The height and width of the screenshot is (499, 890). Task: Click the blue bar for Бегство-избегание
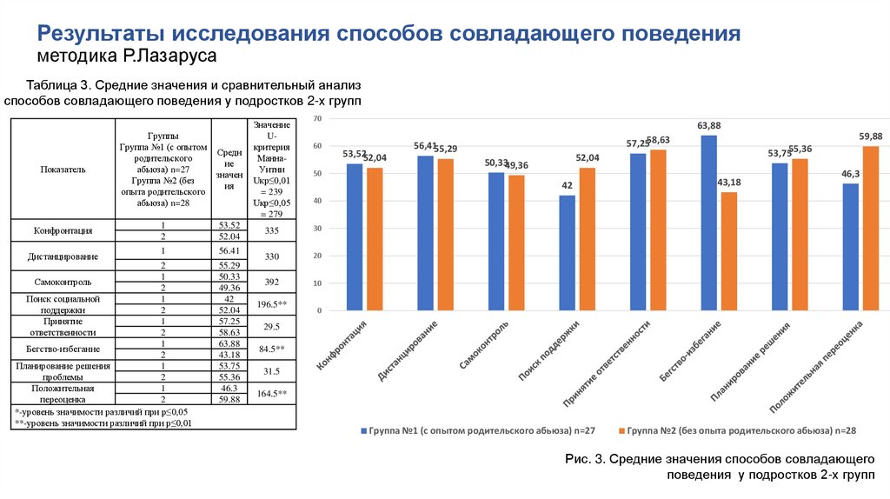708,223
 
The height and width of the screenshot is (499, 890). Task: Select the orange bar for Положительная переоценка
871,228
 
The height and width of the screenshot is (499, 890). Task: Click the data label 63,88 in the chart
709,126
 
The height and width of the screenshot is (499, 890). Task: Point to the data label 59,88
871,136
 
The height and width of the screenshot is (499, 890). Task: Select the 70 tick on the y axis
317,118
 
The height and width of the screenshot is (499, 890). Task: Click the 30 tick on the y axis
317,229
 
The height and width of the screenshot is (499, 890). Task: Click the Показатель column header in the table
62,170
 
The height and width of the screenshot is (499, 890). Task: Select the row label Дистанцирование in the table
62,256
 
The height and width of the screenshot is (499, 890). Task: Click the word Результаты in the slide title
97,34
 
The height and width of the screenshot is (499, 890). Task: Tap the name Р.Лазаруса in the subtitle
169,57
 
